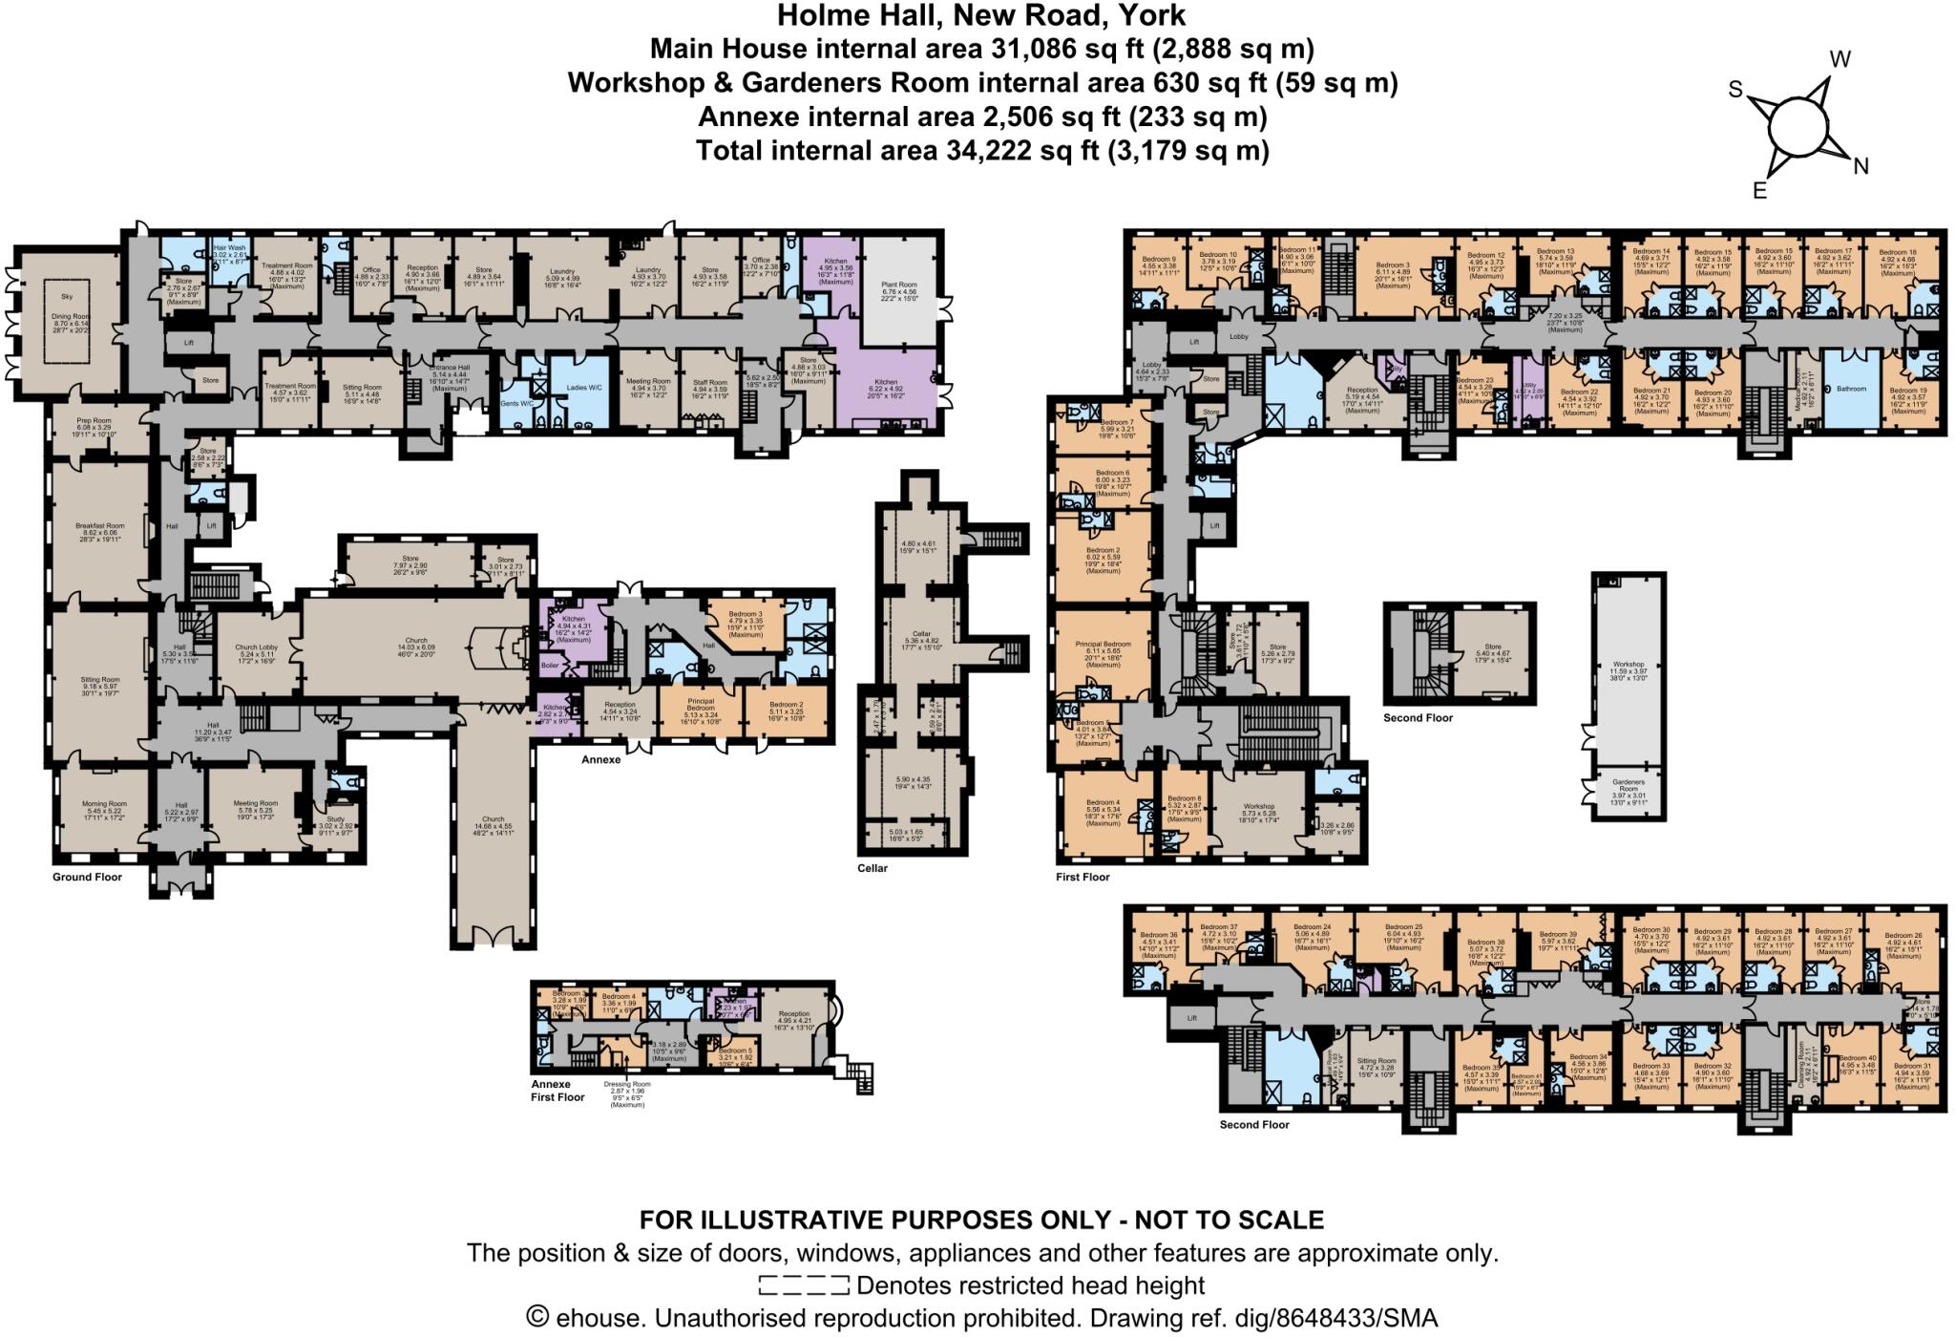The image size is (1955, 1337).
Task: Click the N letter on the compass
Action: pyautogui.click(x=1860, y=167)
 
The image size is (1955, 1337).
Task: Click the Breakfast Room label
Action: pyautogui.click(x=100, y=525)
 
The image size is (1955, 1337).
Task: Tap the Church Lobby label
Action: pyautogui.click(x=257, y=647)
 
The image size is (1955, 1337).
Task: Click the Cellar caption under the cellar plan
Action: pyautogui.click(x=872, y=868)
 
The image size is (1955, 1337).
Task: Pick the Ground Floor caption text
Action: pyautogui.click(x=87, y=877)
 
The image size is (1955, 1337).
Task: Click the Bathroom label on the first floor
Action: pyautogui.click(x=1850, y=389)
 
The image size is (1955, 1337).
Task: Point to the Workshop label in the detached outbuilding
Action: pyautogui.click(x=1629, y=664)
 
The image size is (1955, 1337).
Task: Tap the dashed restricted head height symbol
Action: pyautogui.click(x=803, y=1284)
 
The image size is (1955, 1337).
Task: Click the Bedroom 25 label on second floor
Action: pyautogui.click(x=1404, y=926)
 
